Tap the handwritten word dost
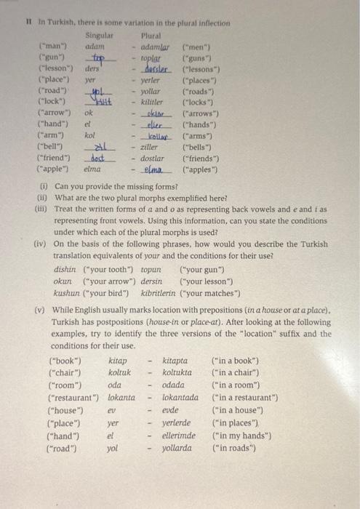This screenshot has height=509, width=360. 98,157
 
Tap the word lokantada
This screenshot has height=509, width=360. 180,398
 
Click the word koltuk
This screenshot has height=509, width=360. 119,373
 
